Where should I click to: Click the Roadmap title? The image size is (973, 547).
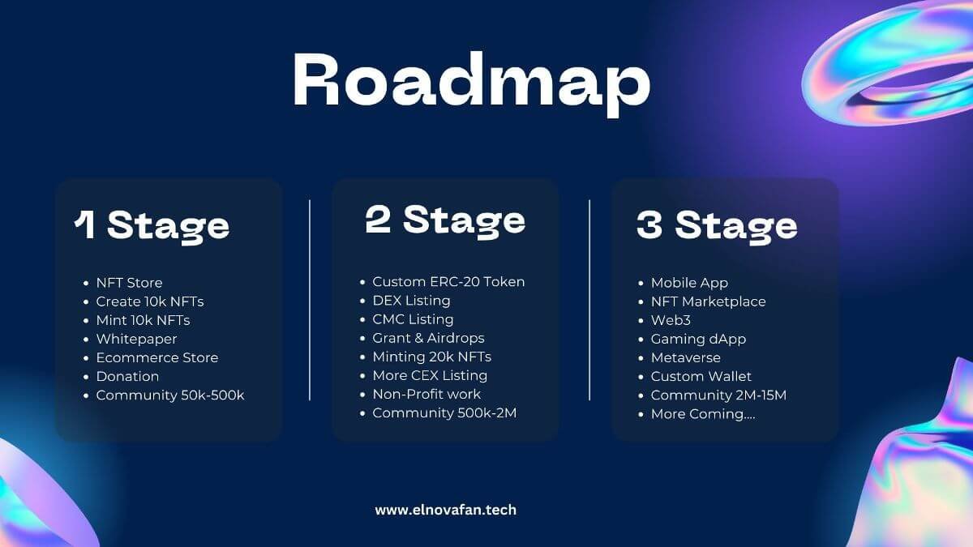472,83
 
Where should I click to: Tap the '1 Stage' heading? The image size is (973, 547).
152,227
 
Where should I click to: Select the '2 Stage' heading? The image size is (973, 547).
445,221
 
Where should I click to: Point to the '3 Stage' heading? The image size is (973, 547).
717,227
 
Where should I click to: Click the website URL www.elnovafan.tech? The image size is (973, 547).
446,510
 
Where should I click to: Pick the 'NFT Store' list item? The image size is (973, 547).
130,283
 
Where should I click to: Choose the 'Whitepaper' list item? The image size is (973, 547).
136,339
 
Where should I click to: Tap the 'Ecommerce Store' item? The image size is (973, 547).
157,357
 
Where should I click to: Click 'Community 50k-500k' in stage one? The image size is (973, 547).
170,395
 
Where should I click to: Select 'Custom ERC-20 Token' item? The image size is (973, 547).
448,282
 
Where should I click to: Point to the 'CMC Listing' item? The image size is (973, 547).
413,319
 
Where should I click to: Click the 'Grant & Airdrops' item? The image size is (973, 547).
428,338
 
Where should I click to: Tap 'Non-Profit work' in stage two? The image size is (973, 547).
426,394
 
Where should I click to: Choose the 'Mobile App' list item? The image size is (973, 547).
689,283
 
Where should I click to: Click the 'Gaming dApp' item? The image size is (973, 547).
698,339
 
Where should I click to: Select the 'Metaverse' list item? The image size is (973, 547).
685,357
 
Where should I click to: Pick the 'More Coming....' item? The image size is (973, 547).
703,414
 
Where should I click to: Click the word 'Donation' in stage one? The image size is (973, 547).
127,376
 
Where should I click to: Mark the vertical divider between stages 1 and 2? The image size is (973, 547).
310,300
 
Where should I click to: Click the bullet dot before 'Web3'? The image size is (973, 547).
641,321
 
